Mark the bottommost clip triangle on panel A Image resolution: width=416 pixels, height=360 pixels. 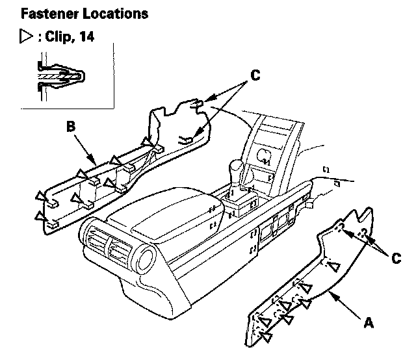click(265, 336)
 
